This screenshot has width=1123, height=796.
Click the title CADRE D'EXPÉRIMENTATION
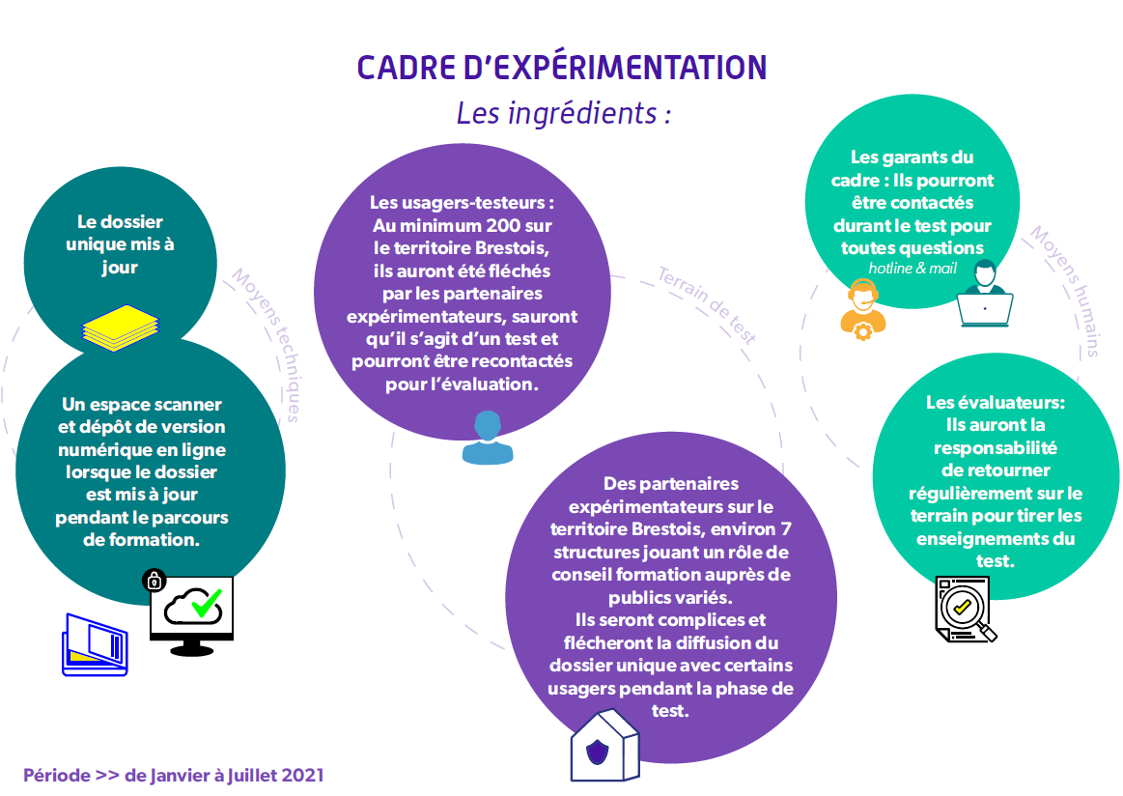coord(562,68)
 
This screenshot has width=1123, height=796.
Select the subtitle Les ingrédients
coord(564,113)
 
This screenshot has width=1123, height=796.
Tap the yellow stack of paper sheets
coord(121,328)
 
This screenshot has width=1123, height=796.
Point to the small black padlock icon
coord(154,581)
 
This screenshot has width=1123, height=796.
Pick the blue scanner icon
coord(95,645)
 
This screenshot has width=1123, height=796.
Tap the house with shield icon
coord(605,745)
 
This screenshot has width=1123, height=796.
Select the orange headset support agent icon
coord(863,309)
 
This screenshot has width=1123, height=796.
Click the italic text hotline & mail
coord(912,268)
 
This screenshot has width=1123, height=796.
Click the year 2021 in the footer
coord(302,775)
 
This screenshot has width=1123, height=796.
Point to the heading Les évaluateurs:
coord(996,403)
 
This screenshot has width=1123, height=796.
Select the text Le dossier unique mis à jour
coord(121,244)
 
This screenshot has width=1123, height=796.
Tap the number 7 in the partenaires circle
coord(786,529)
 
